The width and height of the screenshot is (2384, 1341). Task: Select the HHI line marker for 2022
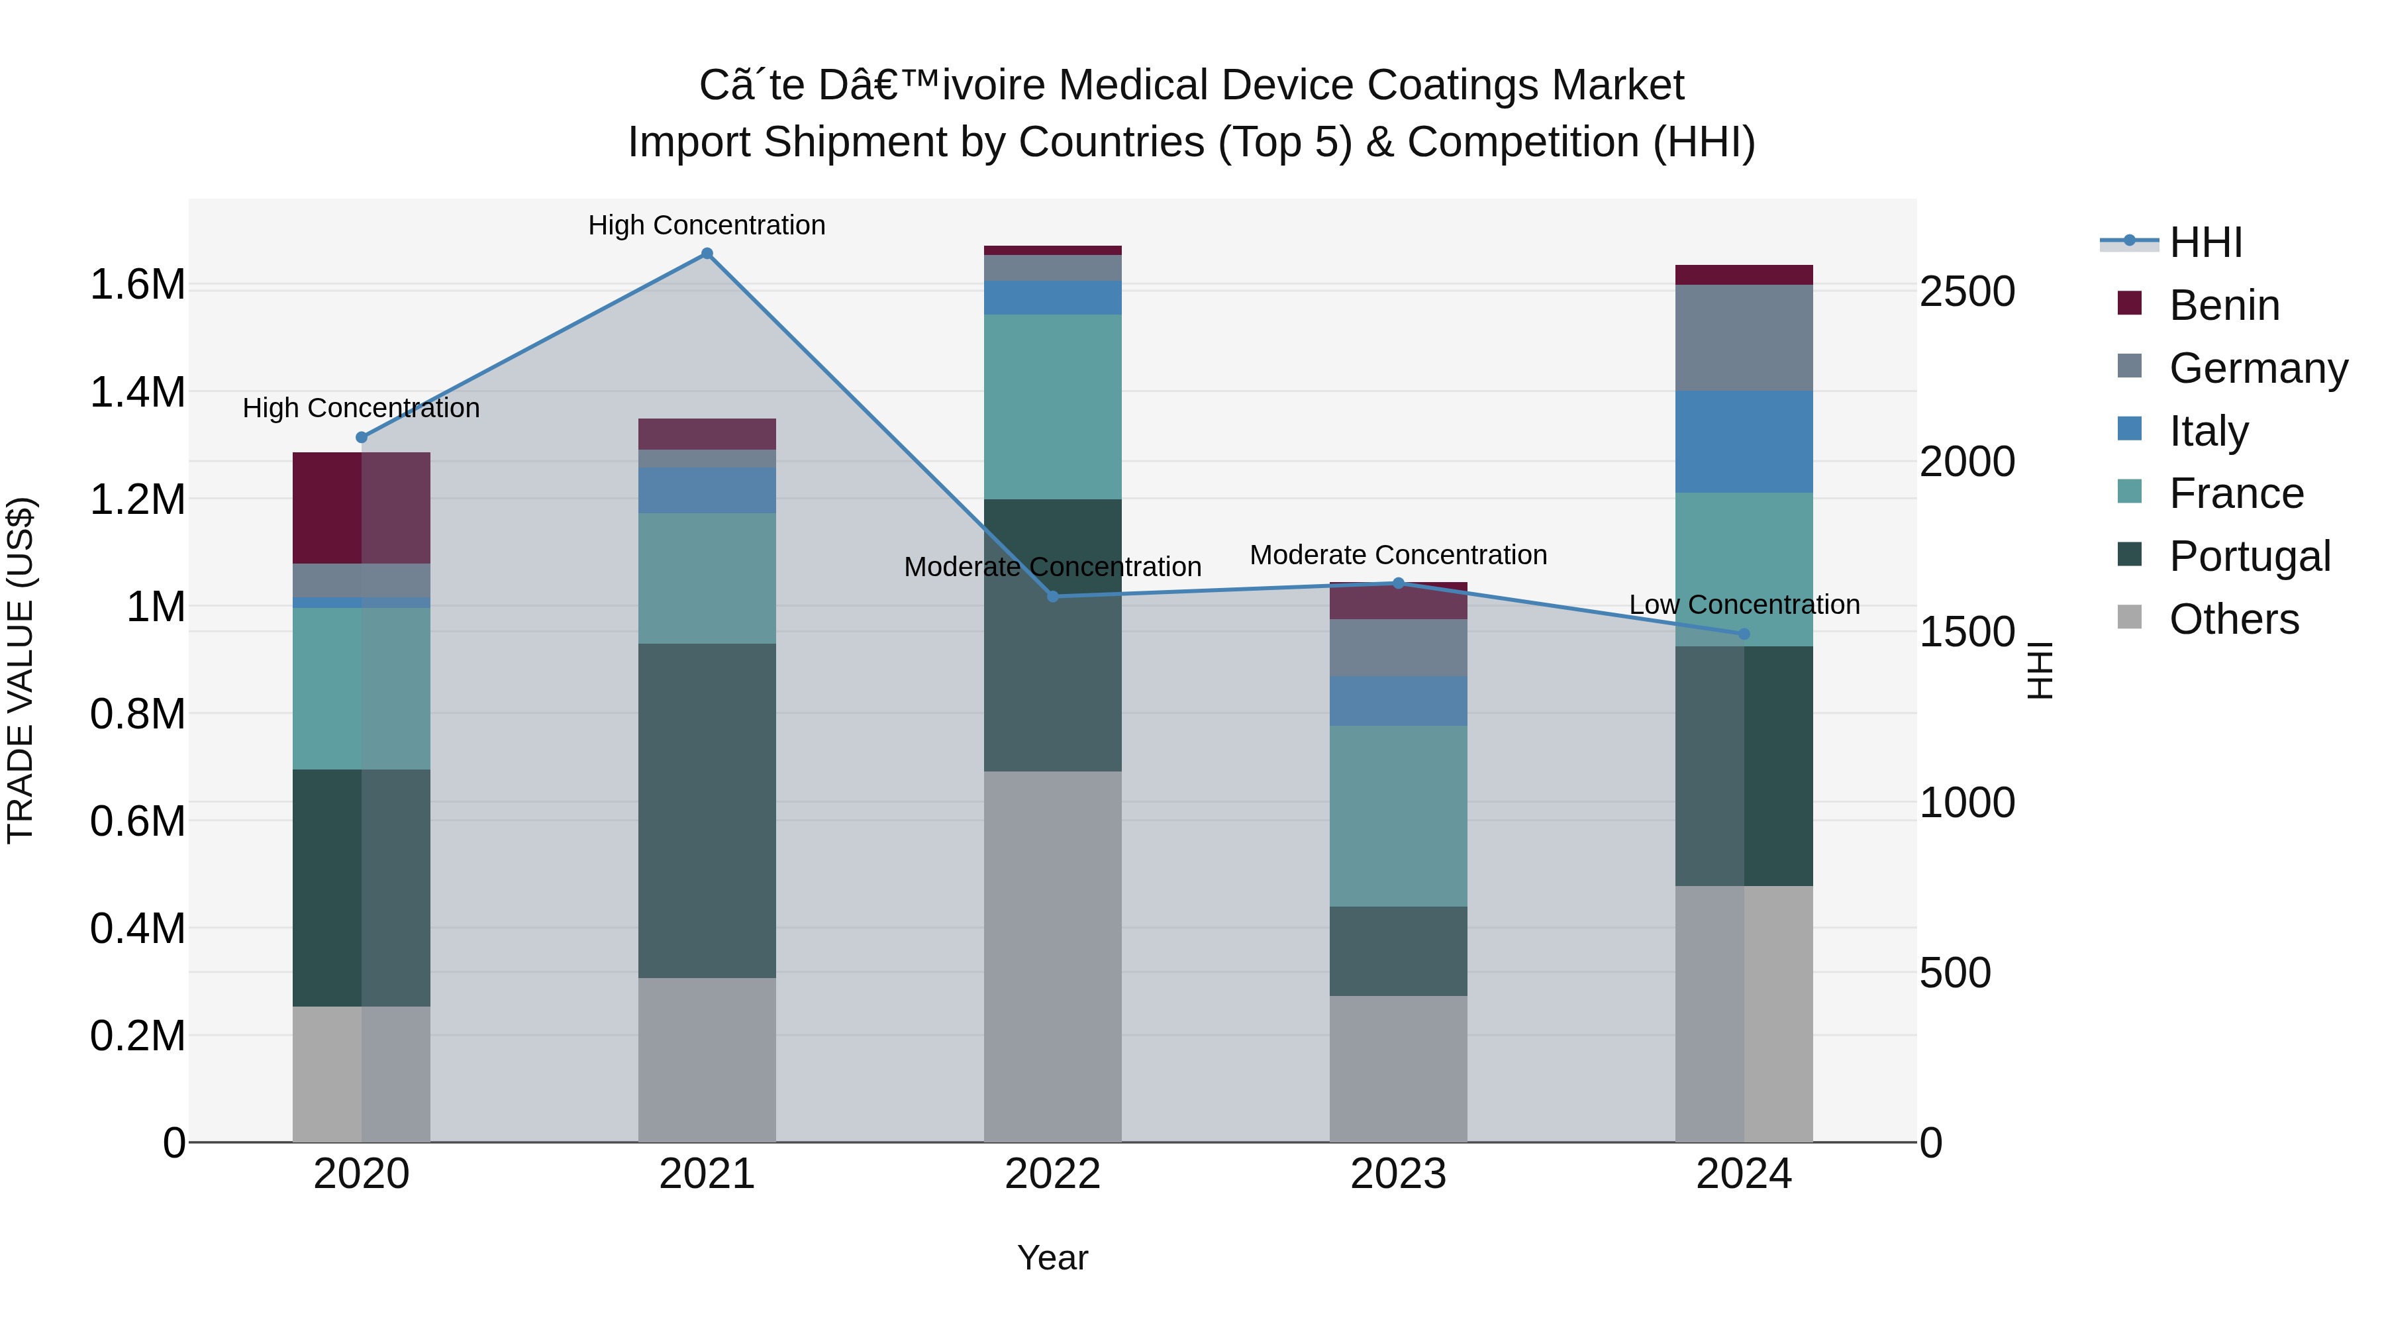tap(1052, 597)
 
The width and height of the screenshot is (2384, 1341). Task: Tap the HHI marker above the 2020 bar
tap(361, 438)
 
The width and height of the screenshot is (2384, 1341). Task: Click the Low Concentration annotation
tap(1744, 605)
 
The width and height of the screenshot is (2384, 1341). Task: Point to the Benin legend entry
tap(2223, 305)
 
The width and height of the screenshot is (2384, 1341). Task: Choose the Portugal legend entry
tap(2249, 556)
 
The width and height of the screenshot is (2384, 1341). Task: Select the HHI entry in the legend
tap(2205, 242)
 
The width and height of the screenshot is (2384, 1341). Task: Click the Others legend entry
tap(2232, 619)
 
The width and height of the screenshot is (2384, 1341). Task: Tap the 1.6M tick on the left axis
tap(138, 284)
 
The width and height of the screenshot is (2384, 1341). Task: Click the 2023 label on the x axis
tap(1397, 1173)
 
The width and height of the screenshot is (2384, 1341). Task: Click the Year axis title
tap(1052, 1258)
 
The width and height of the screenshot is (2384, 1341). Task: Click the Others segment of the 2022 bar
tap(1052, 956)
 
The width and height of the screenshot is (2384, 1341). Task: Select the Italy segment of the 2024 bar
tap(1744, 442)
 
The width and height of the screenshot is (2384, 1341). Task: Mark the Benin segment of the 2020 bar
tap(361, 507)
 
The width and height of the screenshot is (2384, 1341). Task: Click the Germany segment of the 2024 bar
tap(1744, 338)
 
